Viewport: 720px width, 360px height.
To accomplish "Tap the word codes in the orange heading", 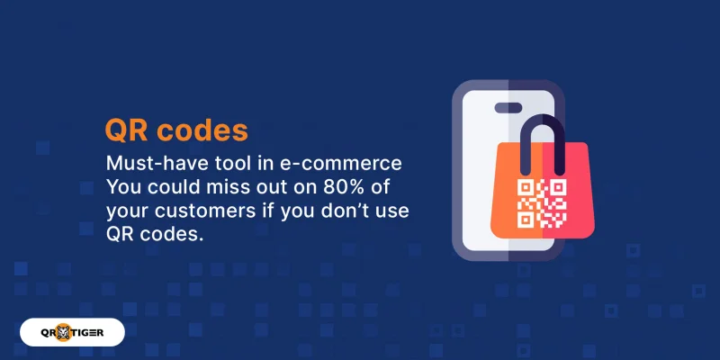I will click(x=202, y=130).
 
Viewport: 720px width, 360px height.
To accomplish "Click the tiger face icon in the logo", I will click(x=72, y=332).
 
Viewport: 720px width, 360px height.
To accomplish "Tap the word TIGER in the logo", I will click(x=102, y=332).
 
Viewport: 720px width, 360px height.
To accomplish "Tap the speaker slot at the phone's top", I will click(x=508, y=107).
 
